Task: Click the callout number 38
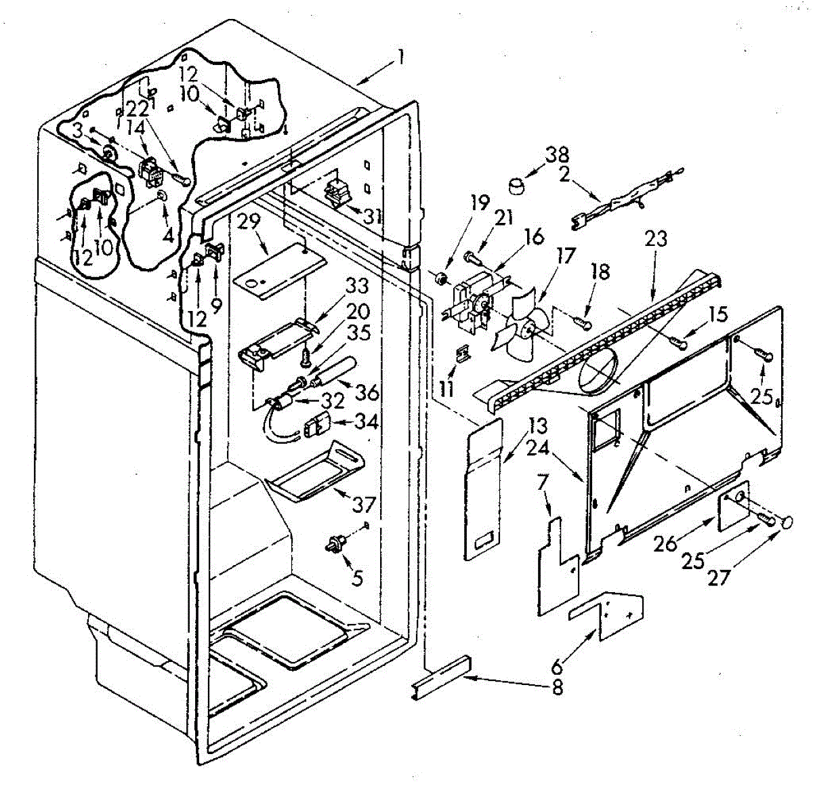(558, 155)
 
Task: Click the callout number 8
(558, 688)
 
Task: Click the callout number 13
(538, 427)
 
